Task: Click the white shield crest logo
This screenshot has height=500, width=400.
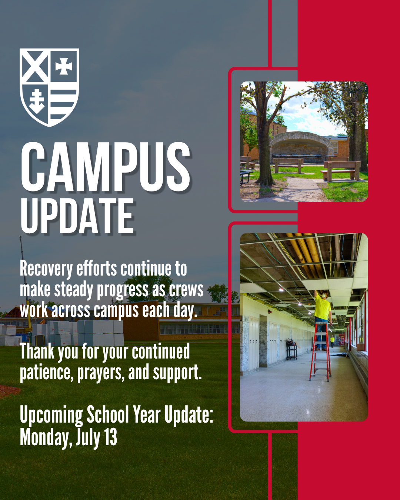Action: [x=49, y=87]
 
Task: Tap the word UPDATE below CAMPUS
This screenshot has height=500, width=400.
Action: [x=78, y=216]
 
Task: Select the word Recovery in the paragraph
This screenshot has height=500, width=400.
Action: [x=46, y=270]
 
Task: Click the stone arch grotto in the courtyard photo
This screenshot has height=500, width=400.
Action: [x=301, y=146]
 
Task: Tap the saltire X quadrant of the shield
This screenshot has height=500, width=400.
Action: [x=35, y=66]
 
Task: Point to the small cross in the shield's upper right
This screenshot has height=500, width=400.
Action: [x=64, y=66]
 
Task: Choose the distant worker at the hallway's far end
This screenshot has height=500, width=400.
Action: [x=333, y=341]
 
